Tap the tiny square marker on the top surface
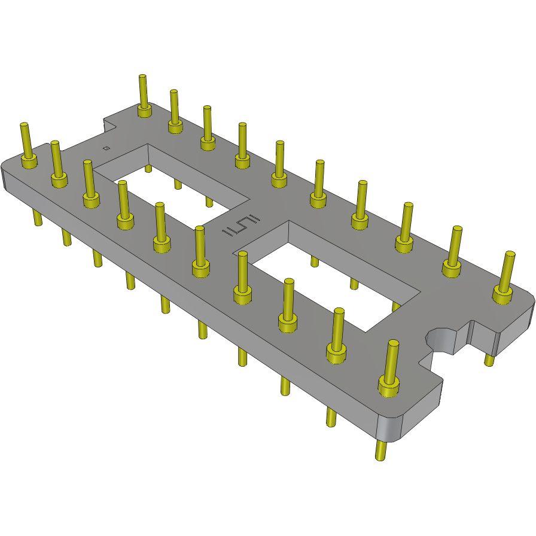tap(106, 148)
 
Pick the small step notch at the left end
tap(108, 124)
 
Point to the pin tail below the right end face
tap(489, 360)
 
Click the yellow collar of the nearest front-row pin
tap(389, 388)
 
